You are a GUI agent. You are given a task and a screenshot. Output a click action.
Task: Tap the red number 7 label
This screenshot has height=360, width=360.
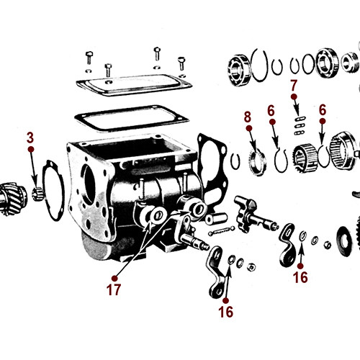coord(293,86)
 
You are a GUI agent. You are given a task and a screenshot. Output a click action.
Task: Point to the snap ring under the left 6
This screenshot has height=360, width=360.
coord(278,156)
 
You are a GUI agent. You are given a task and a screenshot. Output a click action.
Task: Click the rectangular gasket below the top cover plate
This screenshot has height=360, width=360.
coord(130,119)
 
